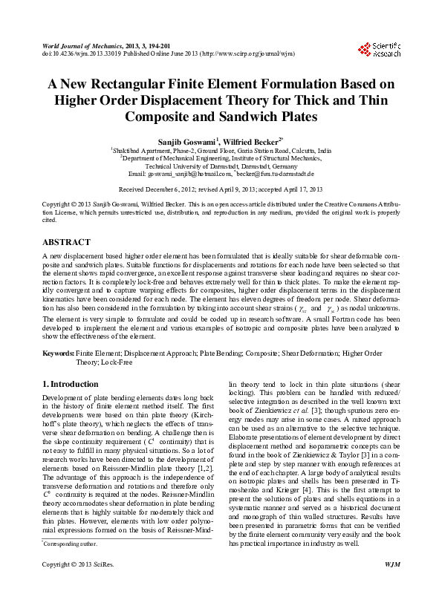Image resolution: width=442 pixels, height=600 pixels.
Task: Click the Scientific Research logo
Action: pos(379,50)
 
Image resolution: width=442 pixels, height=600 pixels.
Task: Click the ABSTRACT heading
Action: pos(67,242)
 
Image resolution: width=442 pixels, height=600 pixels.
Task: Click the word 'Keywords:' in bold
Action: pos(58,353)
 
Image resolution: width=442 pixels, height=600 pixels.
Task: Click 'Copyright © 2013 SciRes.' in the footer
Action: pos(77,586)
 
